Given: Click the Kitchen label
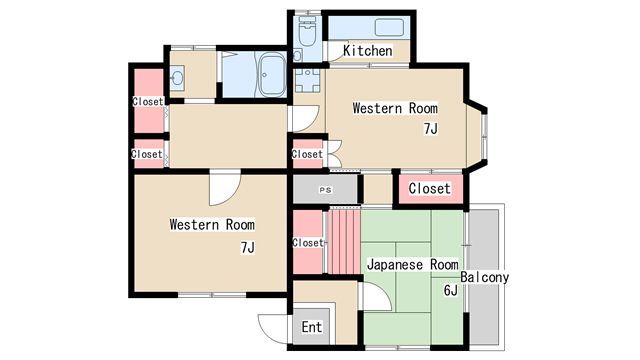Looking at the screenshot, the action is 368,51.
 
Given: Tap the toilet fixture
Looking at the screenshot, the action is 307,32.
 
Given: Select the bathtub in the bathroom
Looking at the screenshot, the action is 272,75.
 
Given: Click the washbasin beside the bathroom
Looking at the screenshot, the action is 178,78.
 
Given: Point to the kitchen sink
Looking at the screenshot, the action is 389,27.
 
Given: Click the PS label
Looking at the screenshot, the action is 325,190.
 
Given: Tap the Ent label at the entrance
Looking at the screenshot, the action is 312,327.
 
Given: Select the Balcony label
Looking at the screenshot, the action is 484,277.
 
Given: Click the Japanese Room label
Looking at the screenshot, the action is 413,264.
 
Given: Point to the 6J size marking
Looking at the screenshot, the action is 451,290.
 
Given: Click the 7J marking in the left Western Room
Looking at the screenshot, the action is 247,247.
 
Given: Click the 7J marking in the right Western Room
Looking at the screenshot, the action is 430,129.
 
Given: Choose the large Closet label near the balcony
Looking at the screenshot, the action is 429,189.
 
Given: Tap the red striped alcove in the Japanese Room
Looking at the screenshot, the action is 344,242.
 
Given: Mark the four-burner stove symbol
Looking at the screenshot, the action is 307,80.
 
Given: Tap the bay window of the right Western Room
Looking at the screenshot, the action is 476,135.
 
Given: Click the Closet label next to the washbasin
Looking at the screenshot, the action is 148,101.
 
